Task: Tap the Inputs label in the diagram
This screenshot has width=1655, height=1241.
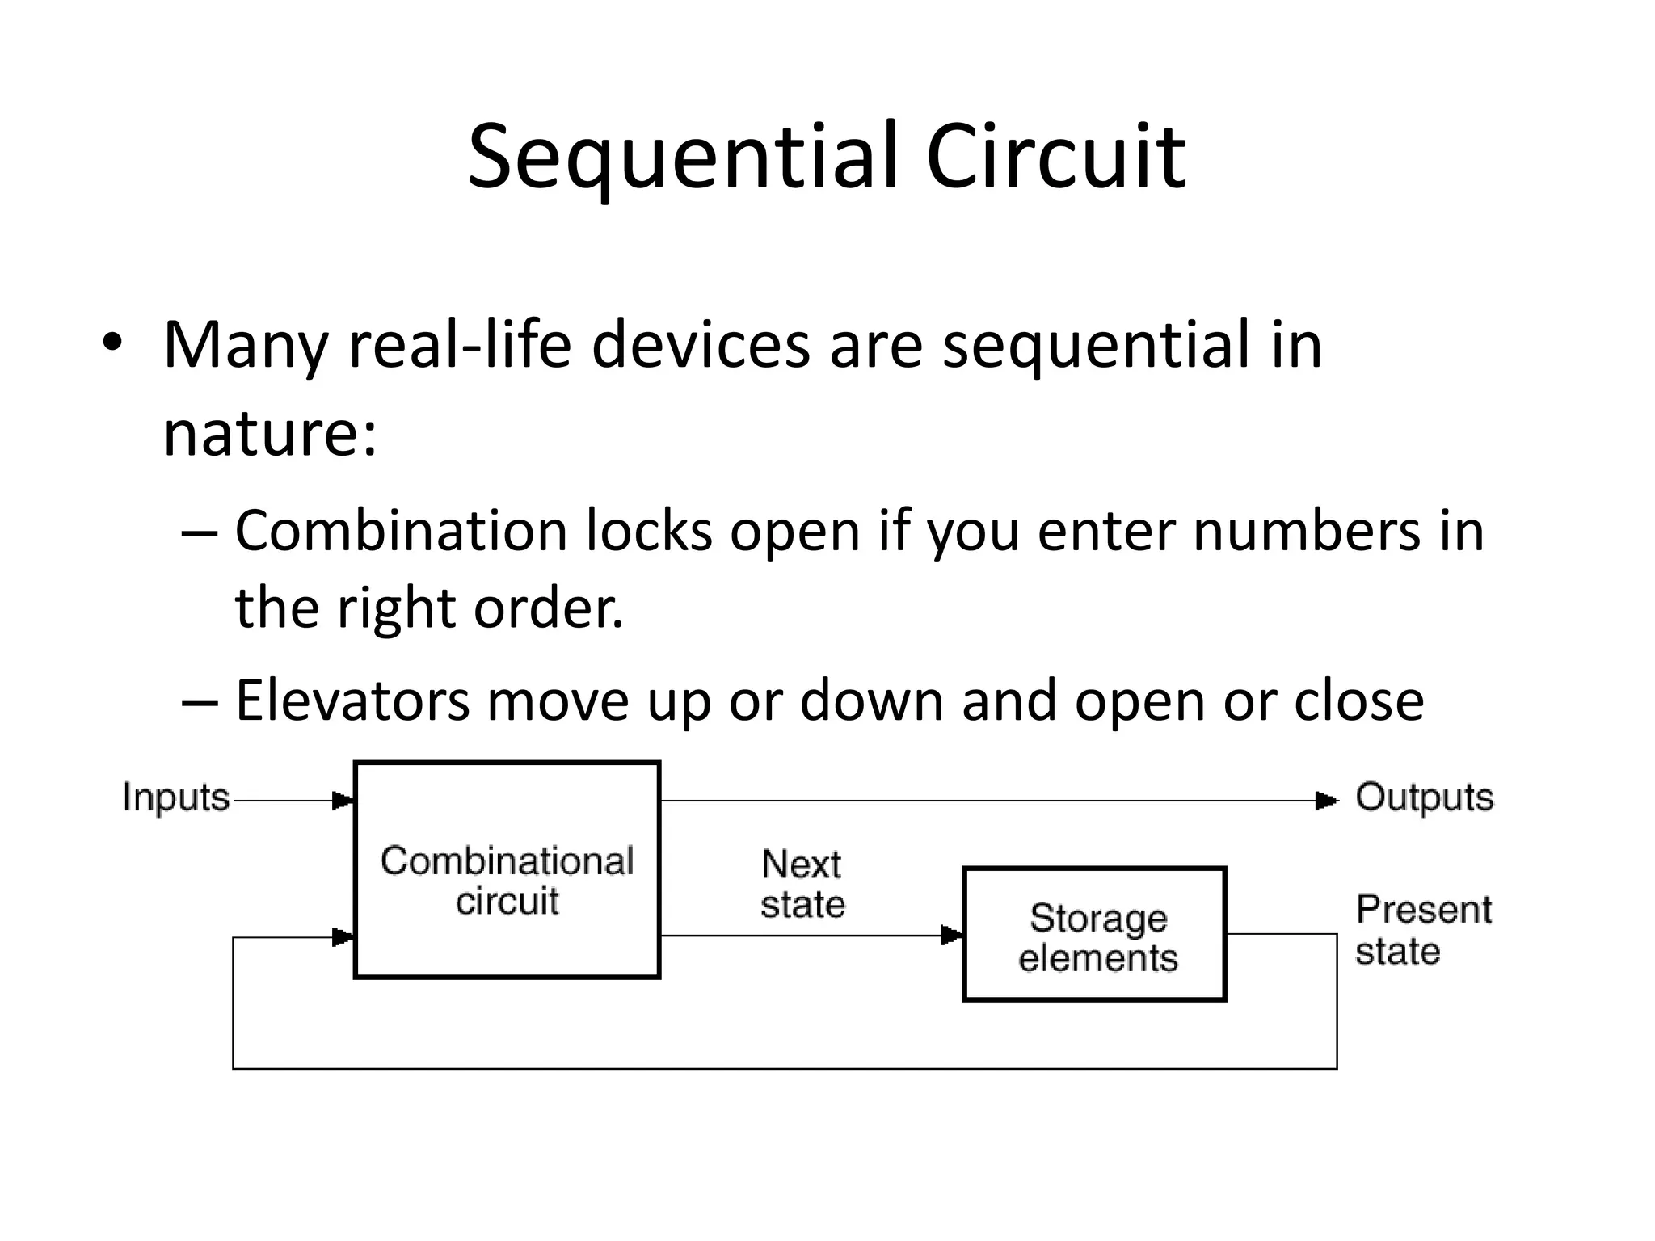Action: tap(176, 797)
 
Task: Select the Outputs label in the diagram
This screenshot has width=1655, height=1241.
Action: tap(1424, 797)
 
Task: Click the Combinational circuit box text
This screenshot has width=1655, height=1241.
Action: tap(507, 881)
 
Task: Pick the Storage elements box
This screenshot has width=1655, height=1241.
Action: tap(1095, 936)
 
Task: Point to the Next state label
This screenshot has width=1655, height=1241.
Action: tap(802, 884)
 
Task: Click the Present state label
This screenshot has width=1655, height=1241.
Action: tap(1422, 929)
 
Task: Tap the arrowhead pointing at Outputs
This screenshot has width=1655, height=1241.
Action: tap(1325, 801)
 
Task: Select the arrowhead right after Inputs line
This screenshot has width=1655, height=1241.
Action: tap(343, 801)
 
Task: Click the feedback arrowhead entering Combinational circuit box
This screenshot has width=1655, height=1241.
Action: tap(343, 937)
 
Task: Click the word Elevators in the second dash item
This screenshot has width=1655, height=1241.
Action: tap(352, 700)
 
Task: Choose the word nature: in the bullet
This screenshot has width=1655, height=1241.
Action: tap(270, 434)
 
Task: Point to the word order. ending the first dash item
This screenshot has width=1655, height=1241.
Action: tap(548, 608)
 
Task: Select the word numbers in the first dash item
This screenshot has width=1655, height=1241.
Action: tap(1305, 532)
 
